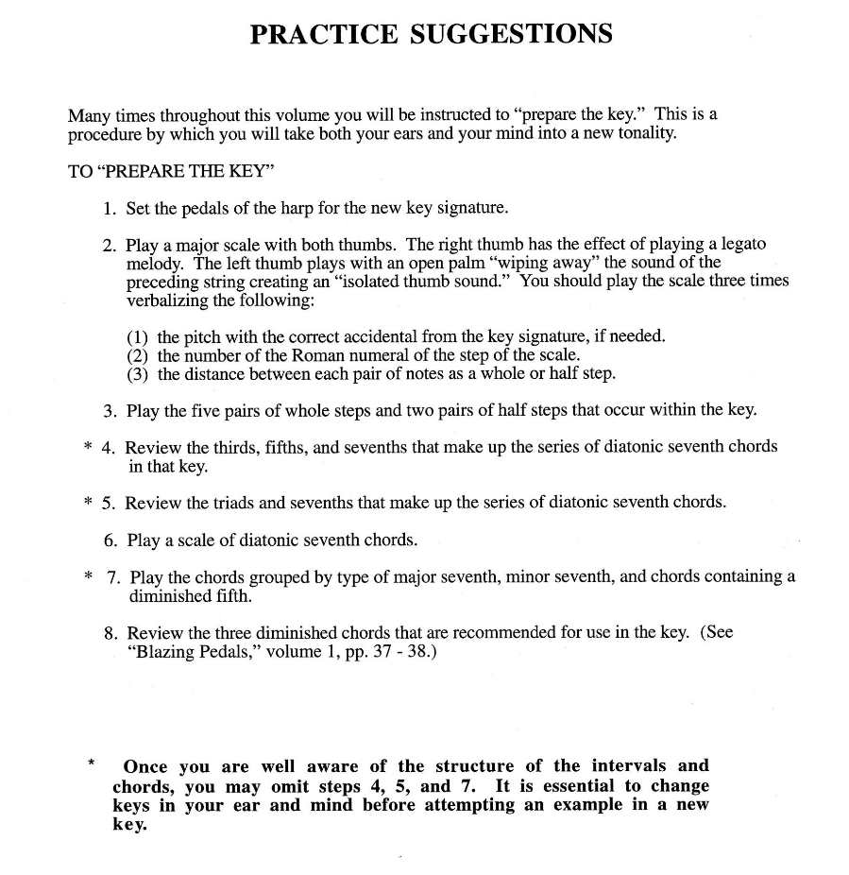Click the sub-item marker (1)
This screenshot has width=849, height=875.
[x=138, y=337]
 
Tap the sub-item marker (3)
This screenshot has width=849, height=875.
[x=138, y=373]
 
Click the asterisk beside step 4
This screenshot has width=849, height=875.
[x=87, y=447]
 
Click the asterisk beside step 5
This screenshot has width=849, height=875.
[x=87, y=502]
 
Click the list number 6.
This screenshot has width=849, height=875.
[x=110, y=541]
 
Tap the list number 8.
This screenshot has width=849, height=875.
[x=110, y=633]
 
